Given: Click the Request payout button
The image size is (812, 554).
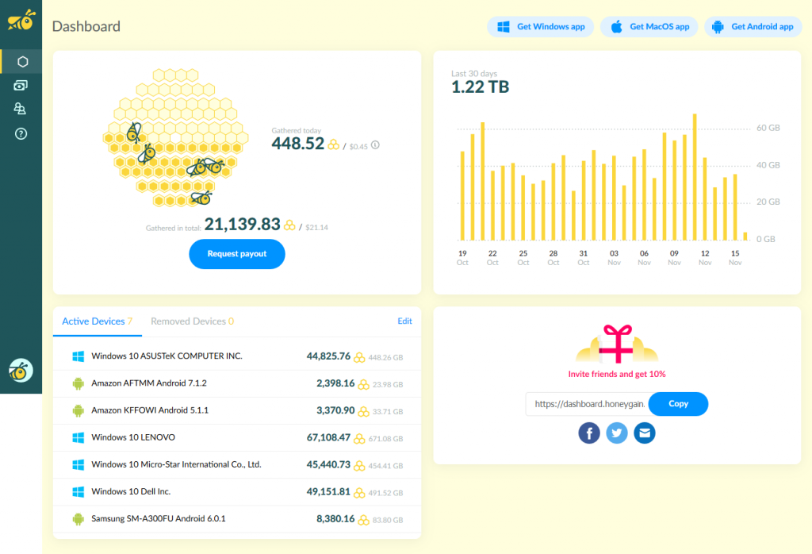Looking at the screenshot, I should point(236,254).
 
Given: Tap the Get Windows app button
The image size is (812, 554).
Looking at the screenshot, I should point(541,27).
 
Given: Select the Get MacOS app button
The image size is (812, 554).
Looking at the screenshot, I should point(649,27).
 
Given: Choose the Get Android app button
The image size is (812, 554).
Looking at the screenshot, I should point(753,27).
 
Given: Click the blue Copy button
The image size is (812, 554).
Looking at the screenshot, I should point(678,404).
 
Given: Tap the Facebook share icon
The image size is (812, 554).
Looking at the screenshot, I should point(589,433).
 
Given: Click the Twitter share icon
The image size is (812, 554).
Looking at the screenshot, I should point(617,433).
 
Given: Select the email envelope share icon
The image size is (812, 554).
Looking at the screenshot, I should point(645,433).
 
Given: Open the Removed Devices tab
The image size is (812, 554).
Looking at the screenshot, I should point(192,321).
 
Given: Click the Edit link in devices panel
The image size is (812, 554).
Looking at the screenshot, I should point(404,321).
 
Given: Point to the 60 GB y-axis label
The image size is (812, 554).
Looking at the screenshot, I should point(768,129).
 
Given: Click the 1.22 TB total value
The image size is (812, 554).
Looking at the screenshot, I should point(480,87).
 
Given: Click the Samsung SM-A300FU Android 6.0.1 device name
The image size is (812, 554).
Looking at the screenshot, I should point(159,519).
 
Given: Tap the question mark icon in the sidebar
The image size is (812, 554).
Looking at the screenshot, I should point(21,134).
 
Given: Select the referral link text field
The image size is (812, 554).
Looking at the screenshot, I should point(587,404).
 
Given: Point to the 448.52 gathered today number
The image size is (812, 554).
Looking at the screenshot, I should point(298,144).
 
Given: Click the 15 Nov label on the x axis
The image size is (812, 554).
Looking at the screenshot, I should point(735,258).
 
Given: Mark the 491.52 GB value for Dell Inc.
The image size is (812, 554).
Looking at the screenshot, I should point(386,492).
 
